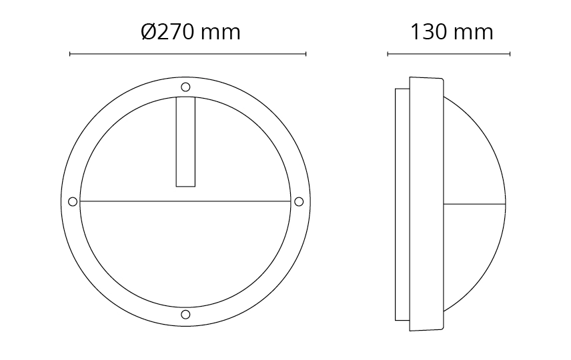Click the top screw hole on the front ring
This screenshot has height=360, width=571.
[x=185, y=87]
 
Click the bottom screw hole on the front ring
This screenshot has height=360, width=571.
[x=185, y=315]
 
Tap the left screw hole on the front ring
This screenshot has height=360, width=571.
[x=73, y=201]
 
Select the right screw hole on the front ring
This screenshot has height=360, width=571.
[x=299, y=201]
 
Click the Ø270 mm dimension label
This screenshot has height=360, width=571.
[x=191, y=32]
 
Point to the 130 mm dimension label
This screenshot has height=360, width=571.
[x=452, y=32]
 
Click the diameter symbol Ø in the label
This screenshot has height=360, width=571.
[x=148, y=32]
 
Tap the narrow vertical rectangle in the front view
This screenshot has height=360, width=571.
[x=185, y=141]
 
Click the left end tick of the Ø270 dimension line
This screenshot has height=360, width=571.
[x=70, y=54]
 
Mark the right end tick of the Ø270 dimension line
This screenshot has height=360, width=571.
[x=306, y=54]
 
